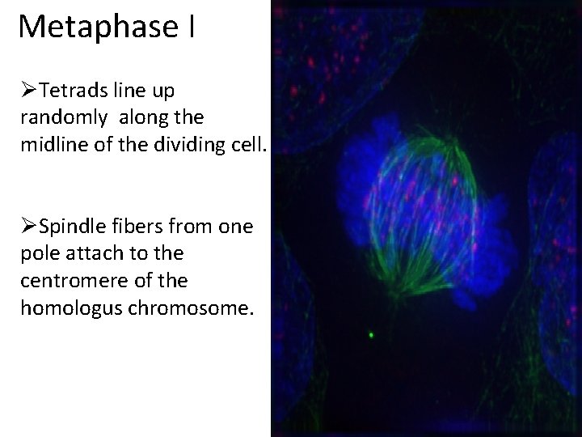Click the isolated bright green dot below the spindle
point(371,333)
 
